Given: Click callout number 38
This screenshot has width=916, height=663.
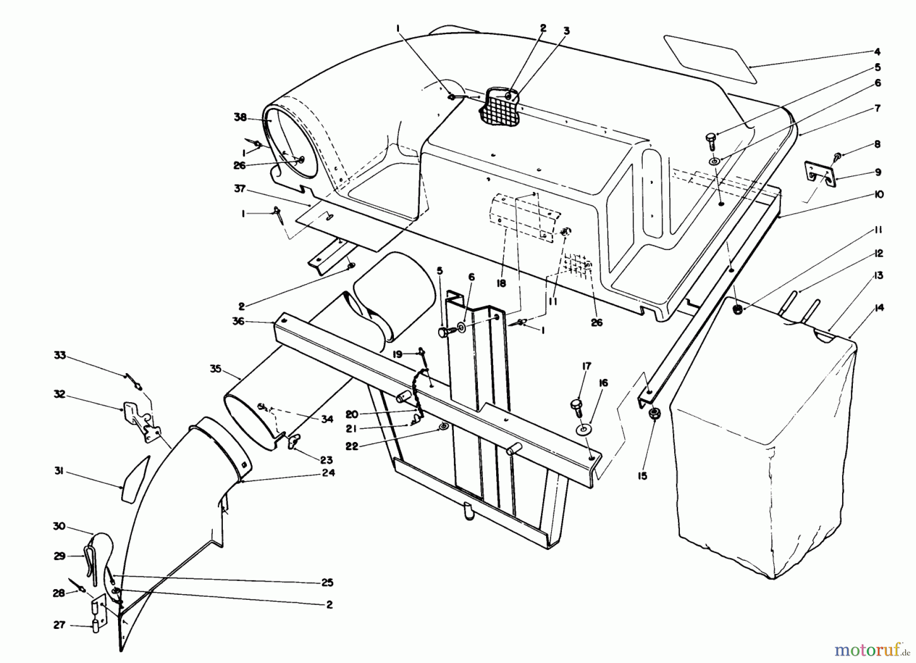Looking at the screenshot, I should [240, 118].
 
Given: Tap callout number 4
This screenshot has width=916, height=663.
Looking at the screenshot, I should [877, 51].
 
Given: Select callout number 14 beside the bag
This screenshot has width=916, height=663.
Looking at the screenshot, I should [879, 308].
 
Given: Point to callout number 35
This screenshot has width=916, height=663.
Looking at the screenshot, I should [215, 369].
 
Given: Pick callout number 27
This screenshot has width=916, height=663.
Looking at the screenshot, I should [59, 625].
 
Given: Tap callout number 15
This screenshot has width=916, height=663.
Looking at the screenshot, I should [643, 477].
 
